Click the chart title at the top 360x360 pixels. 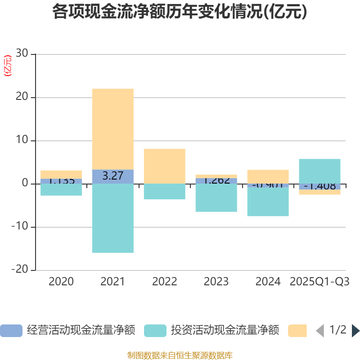click(x=180, y=12)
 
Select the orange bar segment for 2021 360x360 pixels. click(x=112, y=129)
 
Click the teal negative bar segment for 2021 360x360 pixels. click(x=112, y=218)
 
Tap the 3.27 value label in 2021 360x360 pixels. click(x=112, y=176)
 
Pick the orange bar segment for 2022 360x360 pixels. click(x=164, y=166)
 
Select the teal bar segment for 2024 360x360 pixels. click(x=268, y=202)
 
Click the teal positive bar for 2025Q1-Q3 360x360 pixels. click(x=319, y=171)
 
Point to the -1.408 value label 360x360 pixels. click(x=319, y=186)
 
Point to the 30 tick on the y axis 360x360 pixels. click(x=22, y=54)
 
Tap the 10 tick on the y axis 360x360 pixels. click(x=22, y=140)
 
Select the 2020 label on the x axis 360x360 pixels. click(x=61, y=282)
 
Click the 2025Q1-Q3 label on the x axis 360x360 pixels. click(x=319, y=282)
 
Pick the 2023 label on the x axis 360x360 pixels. click(x=216, y=282)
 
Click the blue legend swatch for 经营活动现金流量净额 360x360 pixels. click(x=11, y=331)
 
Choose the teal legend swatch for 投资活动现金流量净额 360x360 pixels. click(x=155, y=331)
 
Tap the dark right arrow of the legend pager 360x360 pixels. click(x=355, y=331)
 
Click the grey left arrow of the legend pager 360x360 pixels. click(x=320, y=331)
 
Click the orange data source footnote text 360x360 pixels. click(x=180, y=355)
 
